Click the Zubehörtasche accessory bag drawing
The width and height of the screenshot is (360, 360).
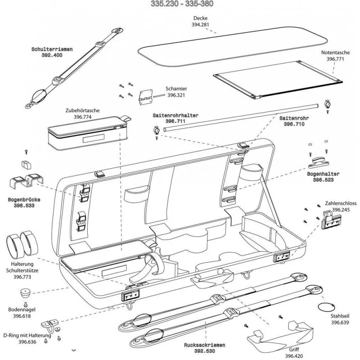pyautogui.click(x=85, y=133)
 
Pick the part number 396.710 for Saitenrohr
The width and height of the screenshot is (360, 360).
pyautogui.click(x=294, y=124)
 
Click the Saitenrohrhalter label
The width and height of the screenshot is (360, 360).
pyautogui.click(x=175, y=115)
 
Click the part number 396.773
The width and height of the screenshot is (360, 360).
pyautogui.click(x=21, y=277)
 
